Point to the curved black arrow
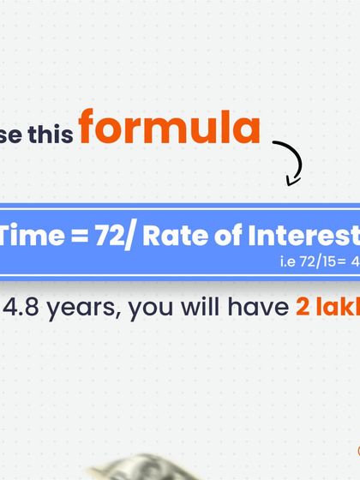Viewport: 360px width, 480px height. pos(291,159)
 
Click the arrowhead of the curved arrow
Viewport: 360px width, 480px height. pos(293,180)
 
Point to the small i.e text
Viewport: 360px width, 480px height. pos(288,261)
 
